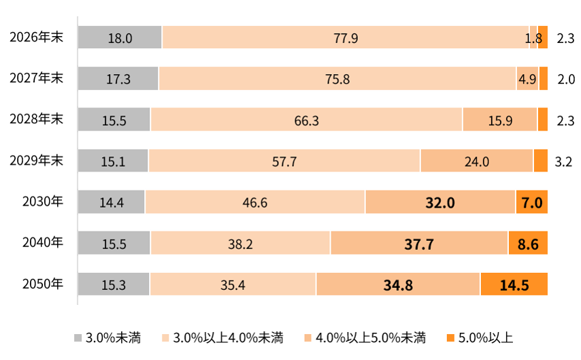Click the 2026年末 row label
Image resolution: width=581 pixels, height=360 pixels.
(36, 37)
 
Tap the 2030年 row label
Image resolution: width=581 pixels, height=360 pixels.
(43, 201)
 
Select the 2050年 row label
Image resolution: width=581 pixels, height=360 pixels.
(43, 284)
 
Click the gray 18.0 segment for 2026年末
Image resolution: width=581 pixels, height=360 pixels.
(120, 37)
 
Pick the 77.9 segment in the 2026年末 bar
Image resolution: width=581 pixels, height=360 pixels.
(346, 37)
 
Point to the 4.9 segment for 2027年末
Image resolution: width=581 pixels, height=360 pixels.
(527, 78)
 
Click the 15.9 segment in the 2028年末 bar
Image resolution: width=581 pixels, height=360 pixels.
(500, 119)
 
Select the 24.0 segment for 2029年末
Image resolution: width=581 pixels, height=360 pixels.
(476, 161)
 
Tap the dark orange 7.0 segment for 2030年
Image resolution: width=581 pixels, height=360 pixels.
(532, 202)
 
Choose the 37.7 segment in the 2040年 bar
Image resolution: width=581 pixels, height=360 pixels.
(419, 243)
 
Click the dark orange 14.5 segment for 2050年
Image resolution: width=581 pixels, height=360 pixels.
(514, 284)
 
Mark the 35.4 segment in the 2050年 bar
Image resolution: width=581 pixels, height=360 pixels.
(233, 284)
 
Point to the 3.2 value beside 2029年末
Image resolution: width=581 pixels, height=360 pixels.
(563, 162)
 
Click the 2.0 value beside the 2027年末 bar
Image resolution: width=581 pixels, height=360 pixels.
(566, 79)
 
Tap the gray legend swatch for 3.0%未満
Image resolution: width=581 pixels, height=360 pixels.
(78, 338)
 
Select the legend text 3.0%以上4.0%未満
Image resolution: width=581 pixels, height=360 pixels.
(229, 338)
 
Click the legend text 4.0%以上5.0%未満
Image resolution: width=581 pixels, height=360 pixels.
(371, 338)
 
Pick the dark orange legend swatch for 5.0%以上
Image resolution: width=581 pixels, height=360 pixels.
(450, 338)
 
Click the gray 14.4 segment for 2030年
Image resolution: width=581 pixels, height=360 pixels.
(111, 202)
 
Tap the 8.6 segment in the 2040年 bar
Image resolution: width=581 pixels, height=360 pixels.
(528, 243)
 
